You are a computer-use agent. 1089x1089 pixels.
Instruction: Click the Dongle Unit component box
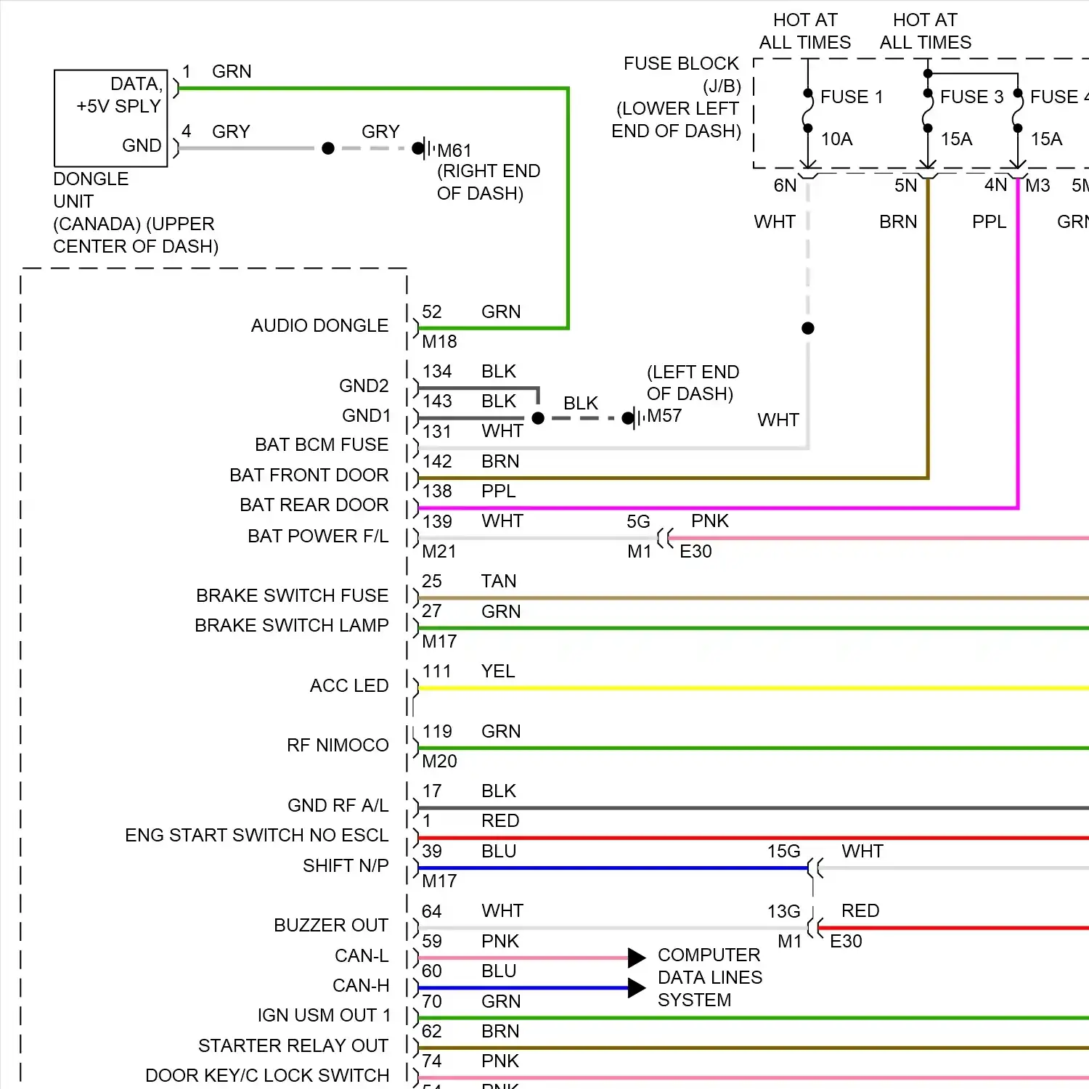coord(111,118)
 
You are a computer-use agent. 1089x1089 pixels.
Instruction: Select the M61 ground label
coord(454,151)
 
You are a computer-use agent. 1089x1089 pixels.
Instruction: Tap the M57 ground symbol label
coord(664,416)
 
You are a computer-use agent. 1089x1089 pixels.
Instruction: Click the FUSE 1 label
coord(851,97)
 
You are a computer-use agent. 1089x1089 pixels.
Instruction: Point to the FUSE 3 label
coord(971,97)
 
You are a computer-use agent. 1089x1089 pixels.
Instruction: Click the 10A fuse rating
coord(836,139)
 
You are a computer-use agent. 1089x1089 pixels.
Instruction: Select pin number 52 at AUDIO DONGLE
coord(432,312)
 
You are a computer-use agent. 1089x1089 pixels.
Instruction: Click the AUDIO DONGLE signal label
coord(319,326)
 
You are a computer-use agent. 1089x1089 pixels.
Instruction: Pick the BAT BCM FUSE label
coord(321,445)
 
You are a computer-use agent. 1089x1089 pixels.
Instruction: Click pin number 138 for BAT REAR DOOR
coord(437,492)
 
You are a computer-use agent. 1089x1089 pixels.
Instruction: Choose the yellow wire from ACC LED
coord(726,688)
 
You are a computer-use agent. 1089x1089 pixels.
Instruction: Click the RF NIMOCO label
coord(338,746)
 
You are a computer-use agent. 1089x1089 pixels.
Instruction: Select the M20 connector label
coord(439,762)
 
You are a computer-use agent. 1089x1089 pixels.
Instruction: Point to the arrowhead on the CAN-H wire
coord(637,987)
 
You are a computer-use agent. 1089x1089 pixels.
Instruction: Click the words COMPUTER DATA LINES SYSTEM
coord(709,978)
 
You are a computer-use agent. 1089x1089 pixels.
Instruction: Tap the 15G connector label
coord(783,852)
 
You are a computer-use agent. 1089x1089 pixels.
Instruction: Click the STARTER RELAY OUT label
coord(293,1046)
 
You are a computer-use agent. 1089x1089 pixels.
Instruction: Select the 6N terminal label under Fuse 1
coord(785,186)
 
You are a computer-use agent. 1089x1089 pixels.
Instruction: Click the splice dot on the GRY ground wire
coord(328,148)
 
